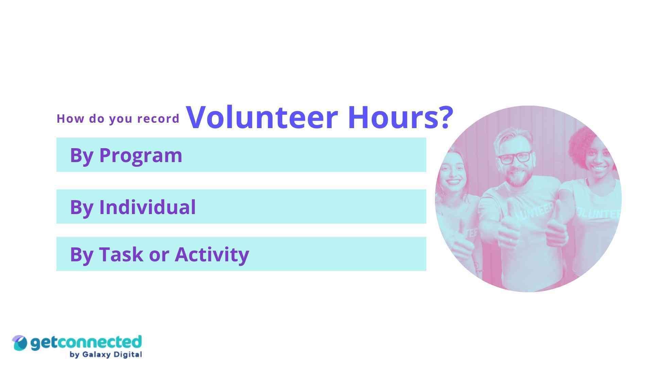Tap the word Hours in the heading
coord(395,117)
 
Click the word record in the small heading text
coord(158,119)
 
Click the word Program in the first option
coord(140,156)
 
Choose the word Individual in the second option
coord(147,207)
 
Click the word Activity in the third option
coord(212,254)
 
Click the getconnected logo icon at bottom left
coord(19,343)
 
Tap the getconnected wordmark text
coord(86,343)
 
